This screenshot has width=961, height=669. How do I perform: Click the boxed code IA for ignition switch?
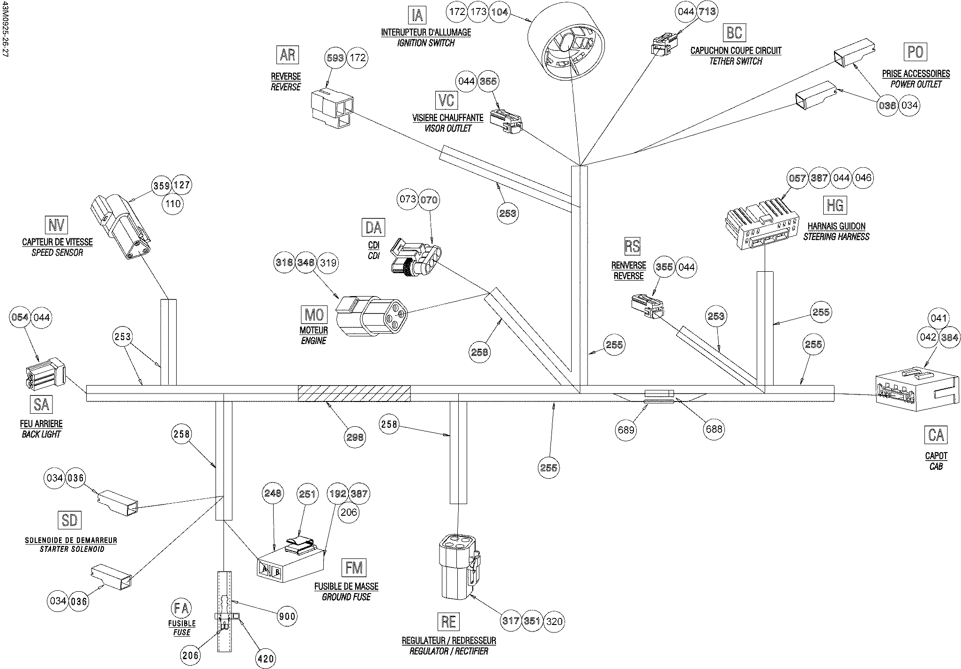[417, 15]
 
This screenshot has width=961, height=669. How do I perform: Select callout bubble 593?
[335, 58]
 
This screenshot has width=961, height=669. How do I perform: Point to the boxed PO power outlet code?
[915, 52]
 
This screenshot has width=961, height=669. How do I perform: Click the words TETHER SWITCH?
[736, 61]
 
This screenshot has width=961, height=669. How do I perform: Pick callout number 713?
[707, 11]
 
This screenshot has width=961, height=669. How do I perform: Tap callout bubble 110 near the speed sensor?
[173, 204]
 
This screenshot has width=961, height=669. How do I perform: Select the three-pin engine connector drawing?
[372, 316]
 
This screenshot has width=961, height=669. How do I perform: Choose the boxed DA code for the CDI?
[373, 227]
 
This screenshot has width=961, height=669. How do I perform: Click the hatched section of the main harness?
[354, 393]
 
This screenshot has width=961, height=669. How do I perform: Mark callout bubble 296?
[355, 437]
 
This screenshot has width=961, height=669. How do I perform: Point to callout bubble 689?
[626, 430]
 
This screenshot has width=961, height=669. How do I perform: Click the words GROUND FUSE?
[346, 597]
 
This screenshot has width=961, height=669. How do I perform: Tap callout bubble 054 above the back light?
[20, 317]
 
